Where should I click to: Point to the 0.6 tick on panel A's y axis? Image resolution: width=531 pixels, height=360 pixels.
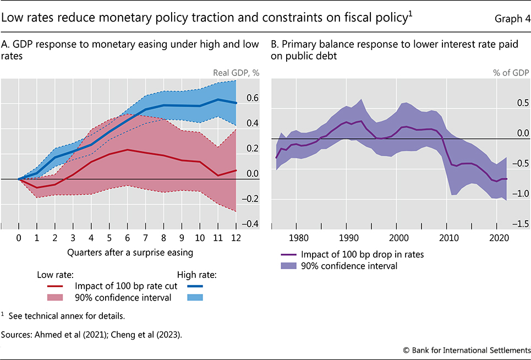pyautogui.click(x=251, y=98)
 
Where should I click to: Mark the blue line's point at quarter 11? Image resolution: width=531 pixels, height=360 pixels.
pyautogui.click(x=218, y=100)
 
